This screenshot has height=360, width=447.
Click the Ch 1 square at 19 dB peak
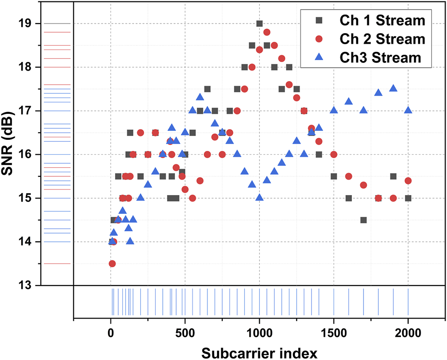259,24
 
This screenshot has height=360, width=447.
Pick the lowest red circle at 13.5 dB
112,263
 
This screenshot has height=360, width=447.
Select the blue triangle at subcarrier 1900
393,88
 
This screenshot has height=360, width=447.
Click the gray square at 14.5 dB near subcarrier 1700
363,220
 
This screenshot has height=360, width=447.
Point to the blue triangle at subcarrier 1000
259,198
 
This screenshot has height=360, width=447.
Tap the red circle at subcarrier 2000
408,181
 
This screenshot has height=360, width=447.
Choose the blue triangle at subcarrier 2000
408,110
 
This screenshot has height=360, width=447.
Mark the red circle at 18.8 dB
267,32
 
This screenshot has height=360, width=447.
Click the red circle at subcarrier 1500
334,154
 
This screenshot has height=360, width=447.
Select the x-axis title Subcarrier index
259,352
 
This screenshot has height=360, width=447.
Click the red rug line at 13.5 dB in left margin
56,263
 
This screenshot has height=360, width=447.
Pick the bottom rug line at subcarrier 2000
408,301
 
